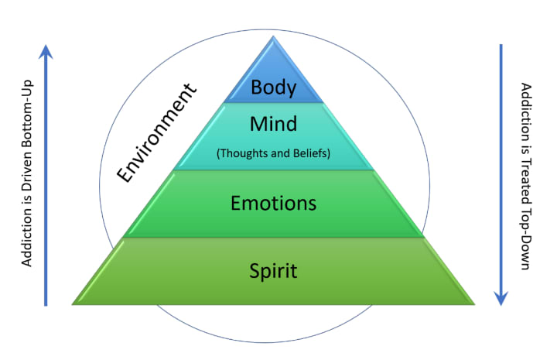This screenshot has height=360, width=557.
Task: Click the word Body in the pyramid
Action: [274, 87]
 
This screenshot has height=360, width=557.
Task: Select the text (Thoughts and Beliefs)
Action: [274, 153]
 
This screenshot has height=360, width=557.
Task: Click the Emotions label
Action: [274, 204]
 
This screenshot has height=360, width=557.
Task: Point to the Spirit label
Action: [274, 271]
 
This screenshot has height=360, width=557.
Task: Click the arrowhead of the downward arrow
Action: [502, 297]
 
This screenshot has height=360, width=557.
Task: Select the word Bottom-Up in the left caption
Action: [27, 97]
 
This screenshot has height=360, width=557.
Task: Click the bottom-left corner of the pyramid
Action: [73, 303]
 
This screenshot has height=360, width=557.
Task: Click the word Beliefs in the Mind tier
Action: [311, 153]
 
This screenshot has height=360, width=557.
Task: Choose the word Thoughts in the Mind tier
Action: [243, 153]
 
